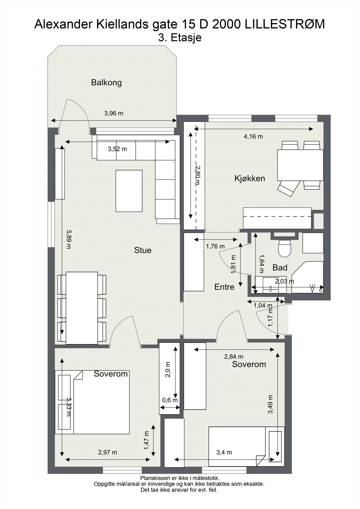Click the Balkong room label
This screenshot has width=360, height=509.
point(106,82)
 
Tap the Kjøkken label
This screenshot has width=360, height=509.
point(250,178)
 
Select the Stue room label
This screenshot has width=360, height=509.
point(143,250)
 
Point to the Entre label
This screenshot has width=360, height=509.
point(224,287)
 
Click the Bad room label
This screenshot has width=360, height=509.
point(280,268)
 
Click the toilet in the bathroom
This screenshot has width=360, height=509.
point(285,248)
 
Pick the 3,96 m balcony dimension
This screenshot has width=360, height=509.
point(114,113)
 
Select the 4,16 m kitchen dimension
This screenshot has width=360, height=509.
point(253,136)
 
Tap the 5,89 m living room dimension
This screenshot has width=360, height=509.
point(69,239)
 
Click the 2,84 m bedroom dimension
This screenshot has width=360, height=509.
point(234,357)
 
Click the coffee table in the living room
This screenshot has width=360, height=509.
point(129,191)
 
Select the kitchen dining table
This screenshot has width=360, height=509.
point(300,165)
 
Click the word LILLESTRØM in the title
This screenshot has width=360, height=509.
point(285,24)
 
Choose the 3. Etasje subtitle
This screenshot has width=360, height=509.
point(180,38)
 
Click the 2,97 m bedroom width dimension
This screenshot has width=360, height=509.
point(108,452)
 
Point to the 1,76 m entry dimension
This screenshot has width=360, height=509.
point(215,246)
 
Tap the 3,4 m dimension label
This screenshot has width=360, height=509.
point(224,452)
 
